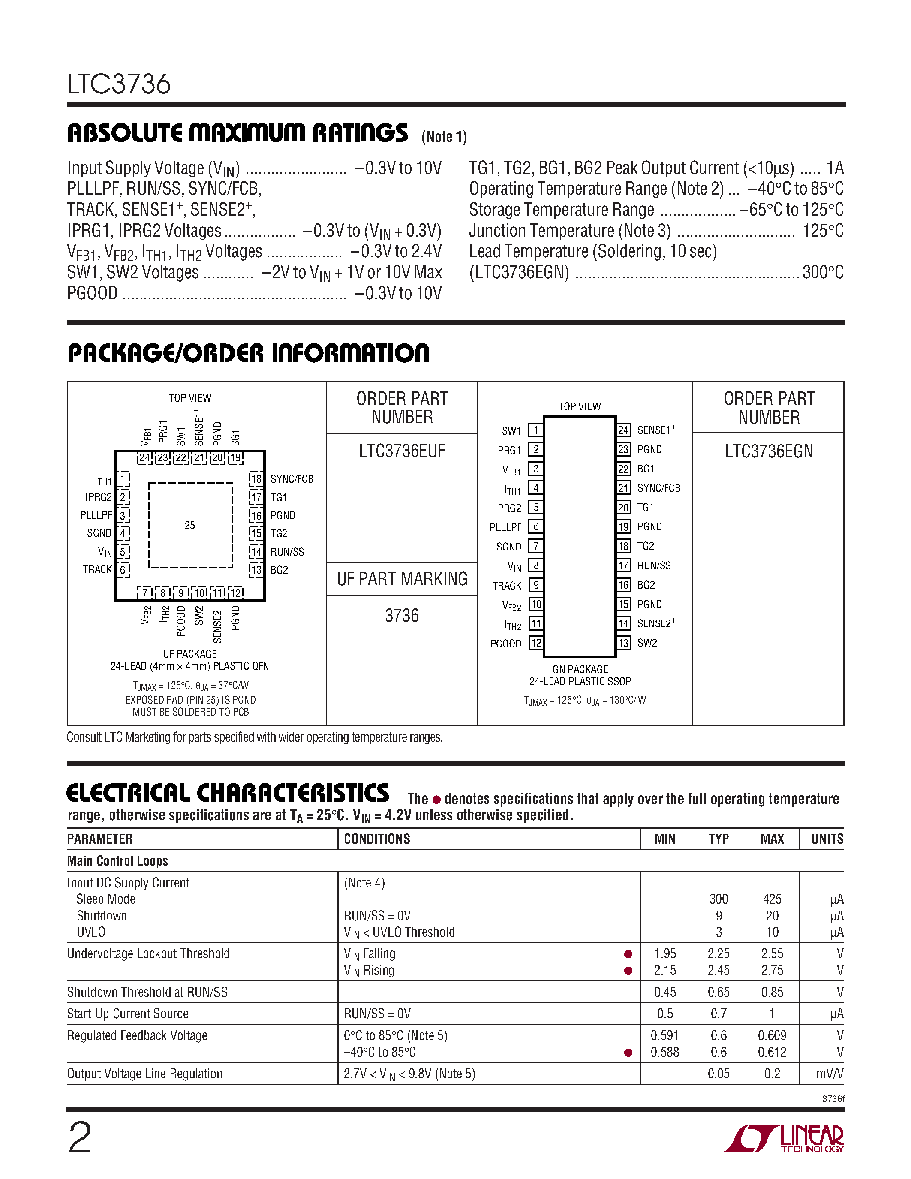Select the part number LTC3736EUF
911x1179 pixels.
click(x=402, y=451)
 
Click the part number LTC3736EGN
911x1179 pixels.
click(x=769, y=451)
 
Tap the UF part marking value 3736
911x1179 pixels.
click(x=402, y=615)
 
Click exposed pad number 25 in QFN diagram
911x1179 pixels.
click(x=190, y=525)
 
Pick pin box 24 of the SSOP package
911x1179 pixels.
click(x=623, y=430)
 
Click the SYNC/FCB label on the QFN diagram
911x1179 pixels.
click(x=292, y=479)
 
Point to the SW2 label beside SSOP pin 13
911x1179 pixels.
click(x=647, y=643)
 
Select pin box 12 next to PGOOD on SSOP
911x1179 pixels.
click(x=535, y=643)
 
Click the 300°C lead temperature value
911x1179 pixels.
click(x=823, y=272)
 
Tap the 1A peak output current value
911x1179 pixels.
click(x=834, y=168)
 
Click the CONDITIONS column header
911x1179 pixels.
click(x=377, y=839)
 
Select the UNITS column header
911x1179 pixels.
click(x=827, y=839)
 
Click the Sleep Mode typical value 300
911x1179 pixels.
click(x=719, y=899)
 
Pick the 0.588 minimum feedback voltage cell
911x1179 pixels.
click(x=664, y=1052)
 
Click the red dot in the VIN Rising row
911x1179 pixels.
click(x=628, y=971)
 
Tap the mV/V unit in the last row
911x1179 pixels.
click(x=830, y=1074)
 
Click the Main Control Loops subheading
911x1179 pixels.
click(x=117, y=861)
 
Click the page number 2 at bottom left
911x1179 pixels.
click(x=80, y=1138)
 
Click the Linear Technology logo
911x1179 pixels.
click(x=784, y=1139)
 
